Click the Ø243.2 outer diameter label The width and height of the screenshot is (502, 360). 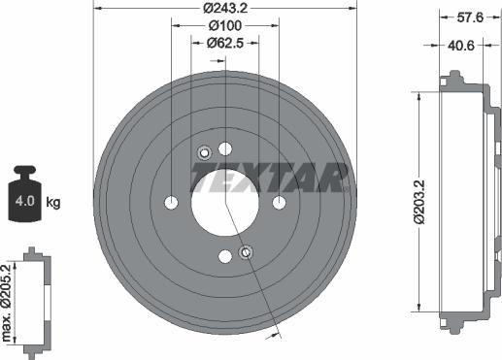click(224, 9)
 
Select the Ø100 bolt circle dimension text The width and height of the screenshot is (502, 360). click(224, 26)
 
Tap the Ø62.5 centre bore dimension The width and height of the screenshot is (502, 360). click(225, 43)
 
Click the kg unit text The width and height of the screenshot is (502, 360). click(54, 203)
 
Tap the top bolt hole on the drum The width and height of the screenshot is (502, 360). click(225, 148)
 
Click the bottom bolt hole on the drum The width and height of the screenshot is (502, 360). click(225, 255)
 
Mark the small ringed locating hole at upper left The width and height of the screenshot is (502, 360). click(204, 152)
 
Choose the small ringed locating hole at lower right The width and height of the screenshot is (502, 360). click(246, 252)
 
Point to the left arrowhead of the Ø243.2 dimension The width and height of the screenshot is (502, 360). click(98, 9)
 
